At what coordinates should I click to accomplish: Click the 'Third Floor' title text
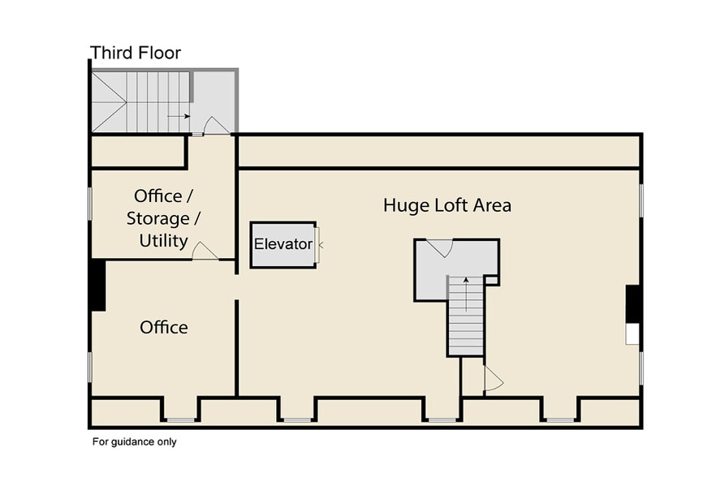coord(136,54)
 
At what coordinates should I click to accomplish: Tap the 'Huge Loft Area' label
coord(447,205)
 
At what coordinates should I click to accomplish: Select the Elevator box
coord(283,244)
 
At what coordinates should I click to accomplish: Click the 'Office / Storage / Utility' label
coord(164,218)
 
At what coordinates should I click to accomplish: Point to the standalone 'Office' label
coord(164,328)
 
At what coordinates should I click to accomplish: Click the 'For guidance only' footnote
coord(134,442)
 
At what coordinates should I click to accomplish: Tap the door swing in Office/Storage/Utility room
coord(205,251)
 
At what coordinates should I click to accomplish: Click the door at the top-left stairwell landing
coord(215,126)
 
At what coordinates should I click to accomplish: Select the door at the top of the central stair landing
coord(439,247)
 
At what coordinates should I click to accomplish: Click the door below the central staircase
coord(493,379)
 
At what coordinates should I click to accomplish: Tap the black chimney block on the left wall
coord(97,285)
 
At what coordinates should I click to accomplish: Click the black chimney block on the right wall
coord(634,304)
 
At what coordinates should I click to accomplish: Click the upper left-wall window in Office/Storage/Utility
coord(89,203)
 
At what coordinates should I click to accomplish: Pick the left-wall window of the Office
coord(89,366)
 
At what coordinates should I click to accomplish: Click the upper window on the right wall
coord(641,200)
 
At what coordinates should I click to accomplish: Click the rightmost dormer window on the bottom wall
coord(559,419)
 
